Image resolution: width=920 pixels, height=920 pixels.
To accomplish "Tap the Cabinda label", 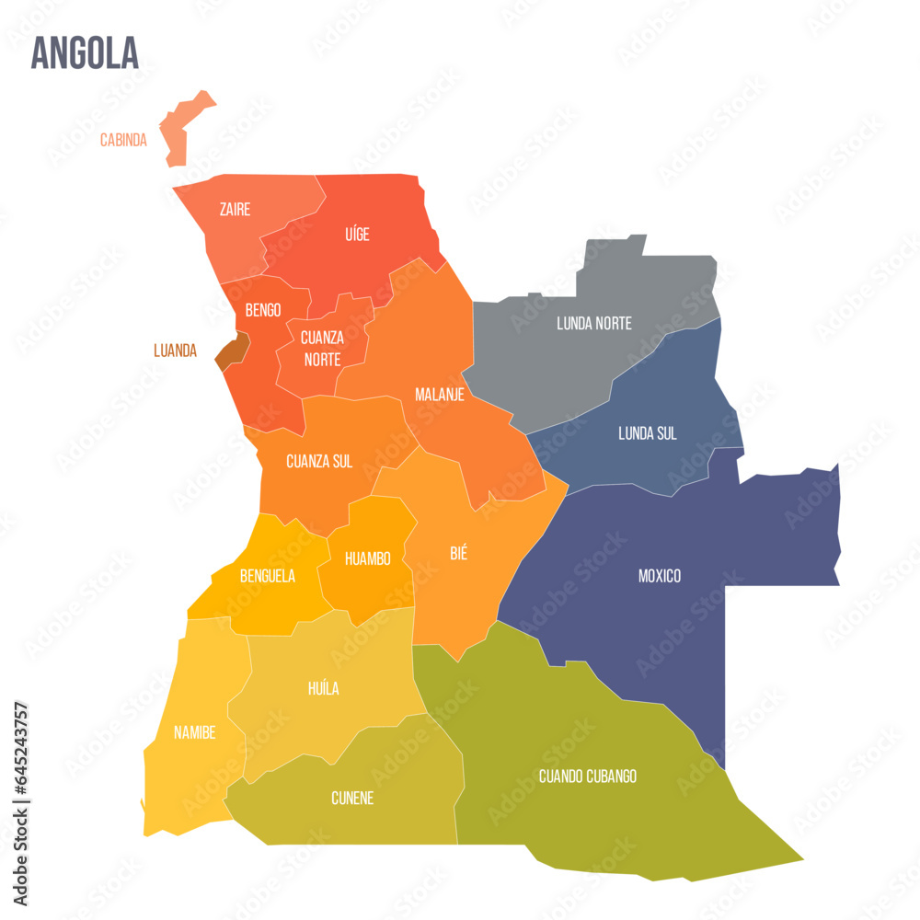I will pyautogui.click(x=123, y=141).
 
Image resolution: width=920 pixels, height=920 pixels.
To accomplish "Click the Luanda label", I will pyautogui.click(x=175, y=351).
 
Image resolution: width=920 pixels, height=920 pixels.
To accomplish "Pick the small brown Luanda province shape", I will pyautogui.click(x=234, y=351).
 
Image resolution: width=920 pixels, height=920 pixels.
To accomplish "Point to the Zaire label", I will pyautogui.click(x=235, y=210).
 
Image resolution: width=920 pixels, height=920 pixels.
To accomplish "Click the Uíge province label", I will pyautogui.click(x=357, y=235).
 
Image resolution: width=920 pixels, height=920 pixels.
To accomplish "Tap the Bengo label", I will pyautogui.click(x=263, y=310).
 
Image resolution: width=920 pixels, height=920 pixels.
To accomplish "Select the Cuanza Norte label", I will pyautogui.click(x=322, y=348).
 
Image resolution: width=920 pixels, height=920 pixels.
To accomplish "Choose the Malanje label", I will pyautogui.click(x=439, y=395).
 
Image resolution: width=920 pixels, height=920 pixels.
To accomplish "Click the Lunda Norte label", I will pyautogui.click(x=593, y=323).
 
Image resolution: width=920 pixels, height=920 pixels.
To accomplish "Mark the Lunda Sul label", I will pyautogui.click(x=647, y=433).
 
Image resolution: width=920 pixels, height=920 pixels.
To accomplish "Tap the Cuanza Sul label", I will pyautogui.click(x=319, y=461).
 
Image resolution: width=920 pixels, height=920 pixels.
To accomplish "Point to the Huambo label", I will pyautogui.click(x=367, y=558).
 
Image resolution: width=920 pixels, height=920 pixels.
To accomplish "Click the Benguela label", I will pyautogui.click(x=267, y=577).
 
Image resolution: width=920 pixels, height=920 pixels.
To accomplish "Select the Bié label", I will pyautogui.click(x=458, y=553).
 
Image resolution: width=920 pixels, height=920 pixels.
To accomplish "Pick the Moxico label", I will pyautogui.click(x=660, y=576).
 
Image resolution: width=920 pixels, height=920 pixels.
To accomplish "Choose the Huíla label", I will pyautogui.click(x=323, y=688).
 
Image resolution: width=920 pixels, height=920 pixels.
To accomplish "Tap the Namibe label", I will pyautogui.click(x=194, y=732).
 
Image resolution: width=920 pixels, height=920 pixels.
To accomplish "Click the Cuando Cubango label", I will pyautogui.click(x=587, y=776).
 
